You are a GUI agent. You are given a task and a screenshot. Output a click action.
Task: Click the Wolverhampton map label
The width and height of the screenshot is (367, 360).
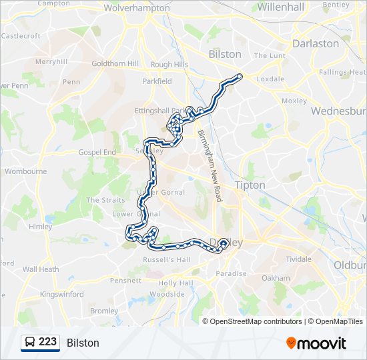[138, 9]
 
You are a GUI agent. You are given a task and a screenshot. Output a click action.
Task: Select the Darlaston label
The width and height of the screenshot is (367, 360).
[315, 43]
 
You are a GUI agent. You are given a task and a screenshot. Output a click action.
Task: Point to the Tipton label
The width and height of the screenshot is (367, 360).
[250, 185]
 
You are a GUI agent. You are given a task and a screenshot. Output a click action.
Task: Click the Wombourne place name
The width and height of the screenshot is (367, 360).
[26, 171]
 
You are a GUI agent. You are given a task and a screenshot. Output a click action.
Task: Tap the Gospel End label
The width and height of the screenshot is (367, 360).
[97, 152]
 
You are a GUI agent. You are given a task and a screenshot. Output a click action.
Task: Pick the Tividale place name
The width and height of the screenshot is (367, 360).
[298, 259]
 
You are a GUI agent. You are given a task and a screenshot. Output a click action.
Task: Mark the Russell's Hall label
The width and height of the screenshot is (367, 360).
[170, 259]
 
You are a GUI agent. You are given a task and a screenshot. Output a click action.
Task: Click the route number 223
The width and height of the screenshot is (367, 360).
[47, 342]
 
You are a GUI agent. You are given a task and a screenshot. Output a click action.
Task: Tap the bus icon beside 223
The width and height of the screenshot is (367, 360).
[30, 343]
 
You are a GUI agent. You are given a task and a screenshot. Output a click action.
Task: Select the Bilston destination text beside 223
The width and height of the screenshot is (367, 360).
[83, 343]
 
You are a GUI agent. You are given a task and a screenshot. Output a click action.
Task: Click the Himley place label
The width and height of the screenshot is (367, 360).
[40, 227]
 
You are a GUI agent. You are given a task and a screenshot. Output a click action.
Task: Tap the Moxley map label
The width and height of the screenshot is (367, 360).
[294, 101]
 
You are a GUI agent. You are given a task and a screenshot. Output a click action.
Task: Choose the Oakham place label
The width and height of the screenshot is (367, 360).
[276, 278]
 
